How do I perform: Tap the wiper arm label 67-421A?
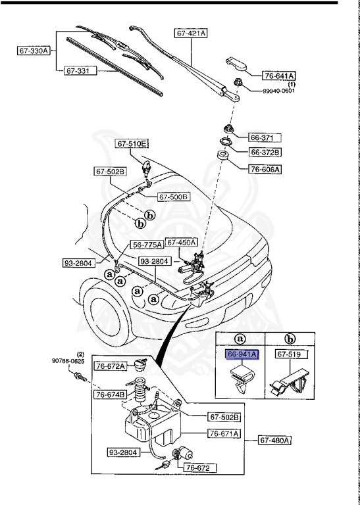click(191, 32)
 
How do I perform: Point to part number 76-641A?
click(280, 75)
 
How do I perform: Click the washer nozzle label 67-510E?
click(132, 143)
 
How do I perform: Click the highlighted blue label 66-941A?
click(243, 354)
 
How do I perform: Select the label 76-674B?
click(110, 395)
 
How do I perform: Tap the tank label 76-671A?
click(224, 433)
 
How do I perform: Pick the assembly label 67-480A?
click(274, 439)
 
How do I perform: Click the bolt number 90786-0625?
click(68, 361)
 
